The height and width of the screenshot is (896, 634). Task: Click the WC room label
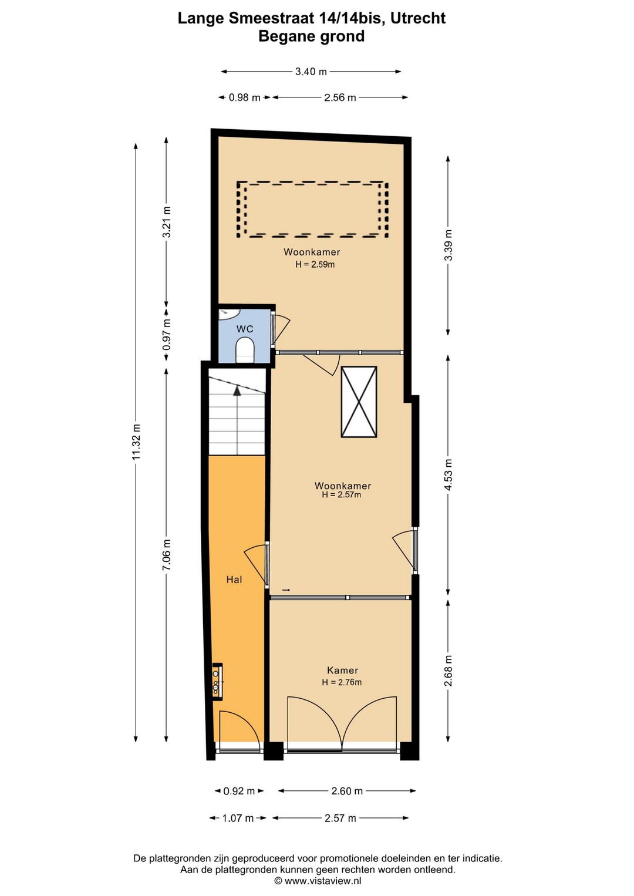(245, 329)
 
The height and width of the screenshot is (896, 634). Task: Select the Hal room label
(234, 580)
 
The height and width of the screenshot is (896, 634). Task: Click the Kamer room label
(342, 670)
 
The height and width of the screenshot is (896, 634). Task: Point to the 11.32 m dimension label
(136, 442)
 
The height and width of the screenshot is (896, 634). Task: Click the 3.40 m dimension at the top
(311, 72)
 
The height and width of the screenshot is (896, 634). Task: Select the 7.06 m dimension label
(167, 555)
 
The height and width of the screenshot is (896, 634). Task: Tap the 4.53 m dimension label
(448, 474)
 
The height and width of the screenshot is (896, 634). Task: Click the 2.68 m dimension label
(448, 671)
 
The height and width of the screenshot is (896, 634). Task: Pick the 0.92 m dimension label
(239, 791)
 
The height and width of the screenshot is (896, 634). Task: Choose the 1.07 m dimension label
(238, 818)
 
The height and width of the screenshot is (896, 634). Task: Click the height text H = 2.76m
(342, 682)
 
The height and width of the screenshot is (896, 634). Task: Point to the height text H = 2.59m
(315, 264)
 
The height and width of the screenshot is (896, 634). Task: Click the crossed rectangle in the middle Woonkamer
(359, 402)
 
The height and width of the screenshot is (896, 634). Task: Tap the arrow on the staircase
(237, 390)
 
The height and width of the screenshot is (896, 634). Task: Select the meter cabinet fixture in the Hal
(217, 682)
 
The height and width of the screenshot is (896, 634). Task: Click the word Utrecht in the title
(417, 18)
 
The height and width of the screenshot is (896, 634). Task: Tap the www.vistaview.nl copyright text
(318, 881)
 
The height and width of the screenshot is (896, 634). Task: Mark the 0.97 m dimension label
(167, 335)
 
